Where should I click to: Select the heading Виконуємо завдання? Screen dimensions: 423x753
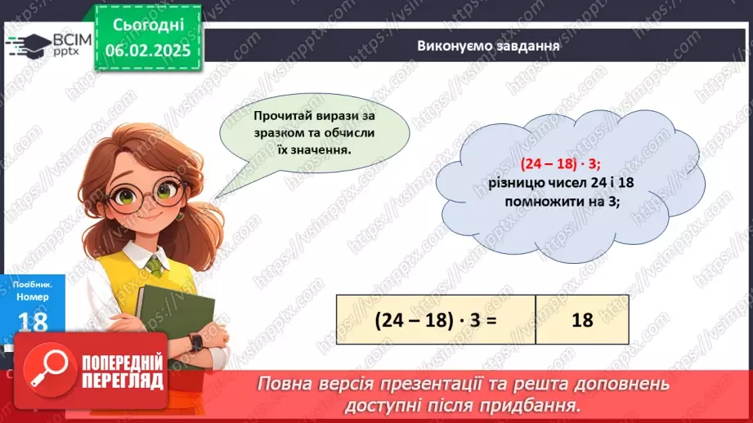pos(488,46)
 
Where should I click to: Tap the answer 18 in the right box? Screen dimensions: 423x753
pos(582,320)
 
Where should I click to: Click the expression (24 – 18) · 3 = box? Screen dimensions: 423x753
pos(436,320)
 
